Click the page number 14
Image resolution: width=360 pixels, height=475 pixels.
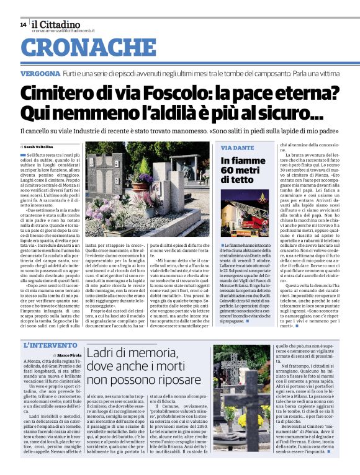[23, 24]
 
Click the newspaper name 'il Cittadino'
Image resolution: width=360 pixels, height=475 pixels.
[58, 24]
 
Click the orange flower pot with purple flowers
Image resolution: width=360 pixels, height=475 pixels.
[145, 179]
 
